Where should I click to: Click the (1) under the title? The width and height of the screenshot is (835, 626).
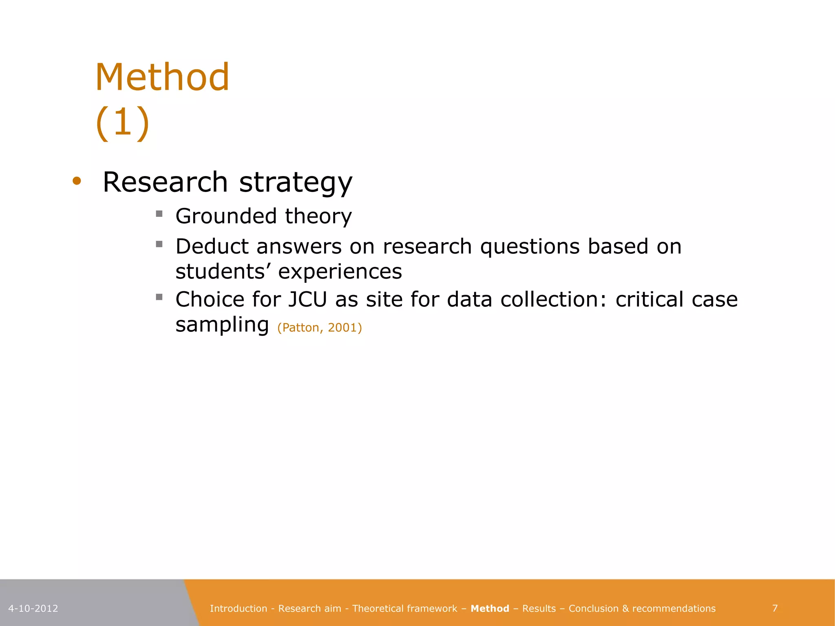[123, 122]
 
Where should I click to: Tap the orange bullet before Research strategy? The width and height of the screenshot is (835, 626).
[77, 181]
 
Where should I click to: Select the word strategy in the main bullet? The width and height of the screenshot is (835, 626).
[296, 182]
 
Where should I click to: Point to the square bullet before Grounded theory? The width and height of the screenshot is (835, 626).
[159, 214]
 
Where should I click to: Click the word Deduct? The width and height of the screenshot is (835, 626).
[212, 246]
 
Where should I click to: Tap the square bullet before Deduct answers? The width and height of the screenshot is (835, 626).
[159, 244]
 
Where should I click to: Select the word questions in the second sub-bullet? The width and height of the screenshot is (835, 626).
[530, 247]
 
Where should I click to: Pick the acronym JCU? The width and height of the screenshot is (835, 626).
[308, 299]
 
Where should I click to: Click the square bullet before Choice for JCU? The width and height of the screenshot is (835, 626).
[159, 297]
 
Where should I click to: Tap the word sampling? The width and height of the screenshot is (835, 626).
[222, 325]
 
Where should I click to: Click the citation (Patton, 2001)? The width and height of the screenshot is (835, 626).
[319, 328]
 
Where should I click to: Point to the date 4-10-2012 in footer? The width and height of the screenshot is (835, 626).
[33, 608]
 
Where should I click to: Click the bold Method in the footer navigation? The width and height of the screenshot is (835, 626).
[490, 608]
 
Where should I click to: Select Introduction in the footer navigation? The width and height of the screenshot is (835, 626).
[238, 608]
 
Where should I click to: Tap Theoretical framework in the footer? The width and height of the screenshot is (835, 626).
[404, 608]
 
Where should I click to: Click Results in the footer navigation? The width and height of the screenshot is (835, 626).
[539, 608]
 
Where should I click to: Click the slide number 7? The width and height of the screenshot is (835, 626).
[775, 608]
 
